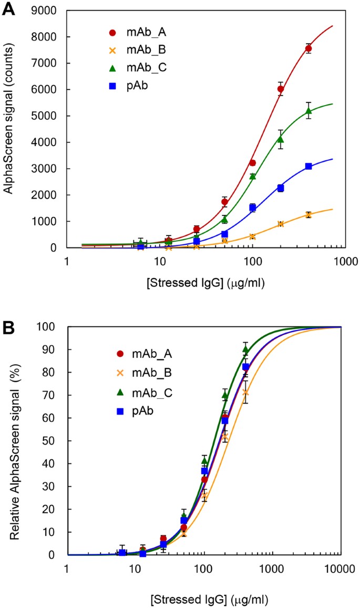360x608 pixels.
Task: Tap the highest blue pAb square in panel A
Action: pos(308,166)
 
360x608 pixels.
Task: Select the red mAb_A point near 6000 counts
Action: pos(281,89)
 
